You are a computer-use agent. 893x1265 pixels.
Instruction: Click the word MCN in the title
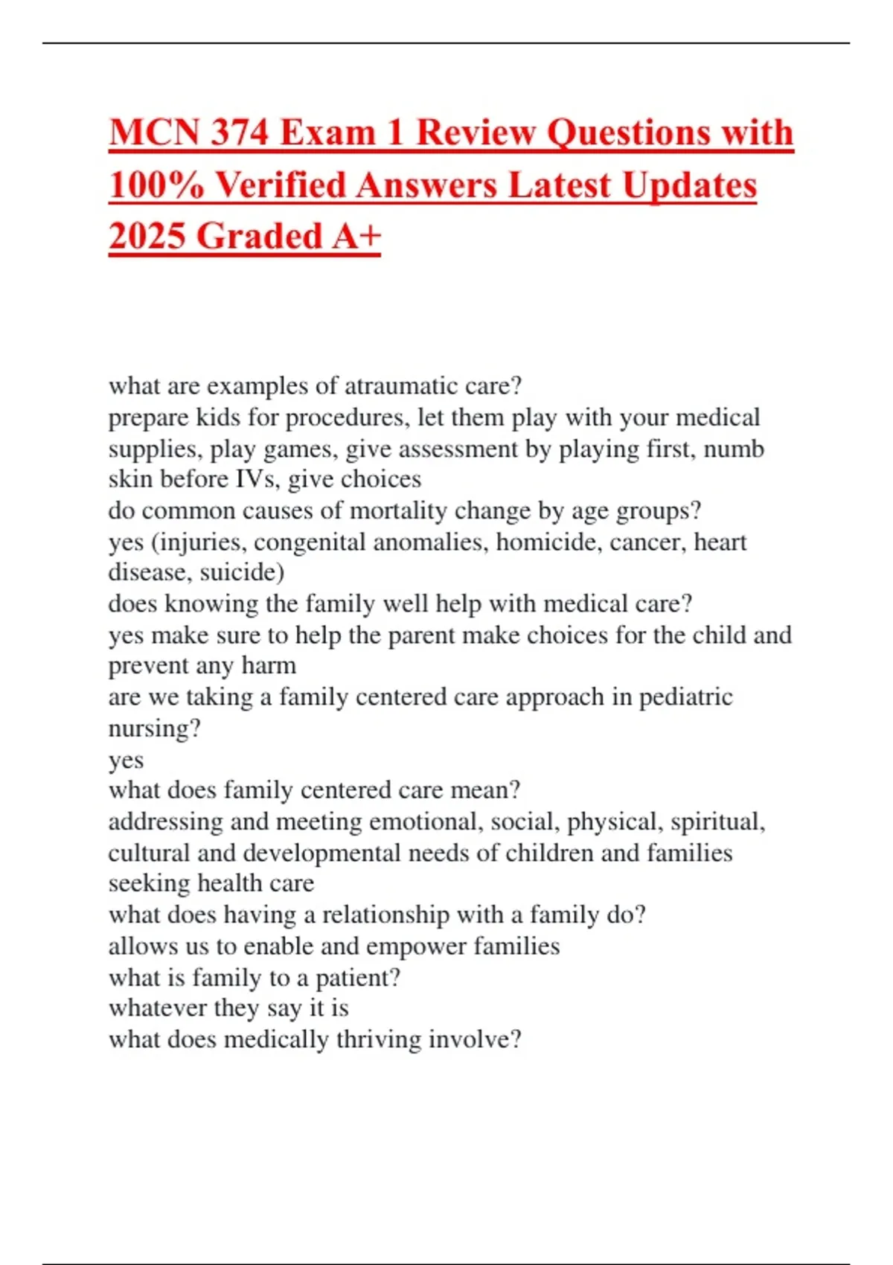point(154,132)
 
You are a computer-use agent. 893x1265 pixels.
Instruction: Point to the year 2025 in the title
point(147,236)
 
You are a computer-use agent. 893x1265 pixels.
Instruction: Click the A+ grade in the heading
point(356,236)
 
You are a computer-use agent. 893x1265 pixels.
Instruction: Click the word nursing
point(153,728)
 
